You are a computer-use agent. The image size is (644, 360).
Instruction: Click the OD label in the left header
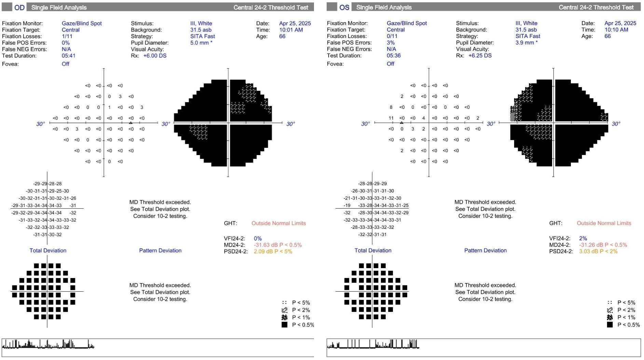(x=19, y=7)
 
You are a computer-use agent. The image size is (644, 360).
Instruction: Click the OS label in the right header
(x=344, y=7)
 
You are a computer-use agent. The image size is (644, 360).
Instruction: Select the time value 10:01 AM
(x=291, y=30)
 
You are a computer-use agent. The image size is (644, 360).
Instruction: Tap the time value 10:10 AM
(x=616, y=30)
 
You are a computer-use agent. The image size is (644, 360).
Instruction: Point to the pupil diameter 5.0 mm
(x=200, y=43)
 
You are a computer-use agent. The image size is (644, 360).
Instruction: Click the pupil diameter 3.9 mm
(x=524, y=43)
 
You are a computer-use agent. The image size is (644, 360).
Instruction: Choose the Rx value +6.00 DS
(x=155, y=56)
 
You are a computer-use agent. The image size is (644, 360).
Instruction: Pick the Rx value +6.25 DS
(x=480, y=55)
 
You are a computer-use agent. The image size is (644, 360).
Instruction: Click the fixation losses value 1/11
(x=67, y=36)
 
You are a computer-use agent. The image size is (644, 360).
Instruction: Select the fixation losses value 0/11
(x=392, y=36)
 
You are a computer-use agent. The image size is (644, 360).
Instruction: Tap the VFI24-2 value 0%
(x=258, y=238)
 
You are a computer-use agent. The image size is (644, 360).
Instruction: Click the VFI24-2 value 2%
(x=583, y=238)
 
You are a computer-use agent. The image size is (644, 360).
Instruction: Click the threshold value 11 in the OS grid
(x=391, y=118)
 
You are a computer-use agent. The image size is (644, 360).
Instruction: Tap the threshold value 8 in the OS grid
(x=391, y=107)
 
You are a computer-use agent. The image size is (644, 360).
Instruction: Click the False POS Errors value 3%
(x=390, y=43)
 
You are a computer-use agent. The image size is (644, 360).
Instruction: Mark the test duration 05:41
(x=68, y=56)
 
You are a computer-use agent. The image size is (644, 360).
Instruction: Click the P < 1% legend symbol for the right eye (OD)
(x=284, y=317)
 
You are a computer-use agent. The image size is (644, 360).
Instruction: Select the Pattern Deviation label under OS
(x=485, y=250)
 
